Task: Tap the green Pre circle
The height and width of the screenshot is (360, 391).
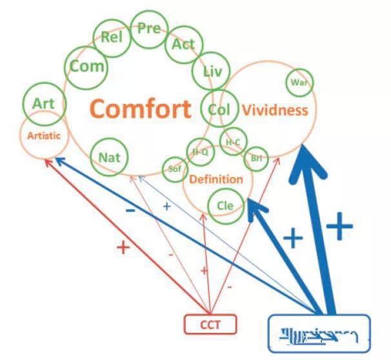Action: pyautogui.click(x=149, y=28)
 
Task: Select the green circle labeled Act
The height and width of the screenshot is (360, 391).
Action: pyautogui.click(x=183, y=45)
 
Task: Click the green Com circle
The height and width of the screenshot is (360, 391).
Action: pyautogui.click(x=86, y=66)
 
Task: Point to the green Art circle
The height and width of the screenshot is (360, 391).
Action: pyautogui.click(x=43, y=103)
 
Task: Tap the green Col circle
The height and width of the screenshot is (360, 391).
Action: pyautogui.click(x=219, y=109)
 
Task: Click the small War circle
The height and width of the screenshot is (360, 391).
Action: pyautogui.click(x=299, y=82)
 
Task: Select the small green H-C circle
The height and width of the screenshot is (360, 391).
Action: pyautogui.click(x=232, y=142)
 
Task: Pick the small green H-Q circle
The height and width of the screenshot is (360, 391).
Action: pyautogui.click(x=199, y=152)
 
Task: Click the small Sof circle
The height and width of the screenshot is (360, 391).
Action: pyautogui.click(x=174, y=169)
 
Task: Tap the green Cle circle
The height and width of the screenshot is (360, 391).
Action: pyautogui.click(x=225, y=206)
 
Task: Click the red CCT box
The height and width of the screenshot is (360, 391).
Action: pyautogui.click(x=210, y=325)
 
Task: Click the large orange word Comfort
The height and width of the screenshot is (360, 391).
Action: pyautogui.click(x=140, y=108)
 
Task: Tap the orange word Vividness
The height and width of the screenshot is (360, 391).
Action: pyautogui.click(x=275, y=110)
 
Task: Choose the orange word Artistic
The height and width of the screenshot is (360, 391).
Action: pyautogui.click(x=44, y=135)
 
